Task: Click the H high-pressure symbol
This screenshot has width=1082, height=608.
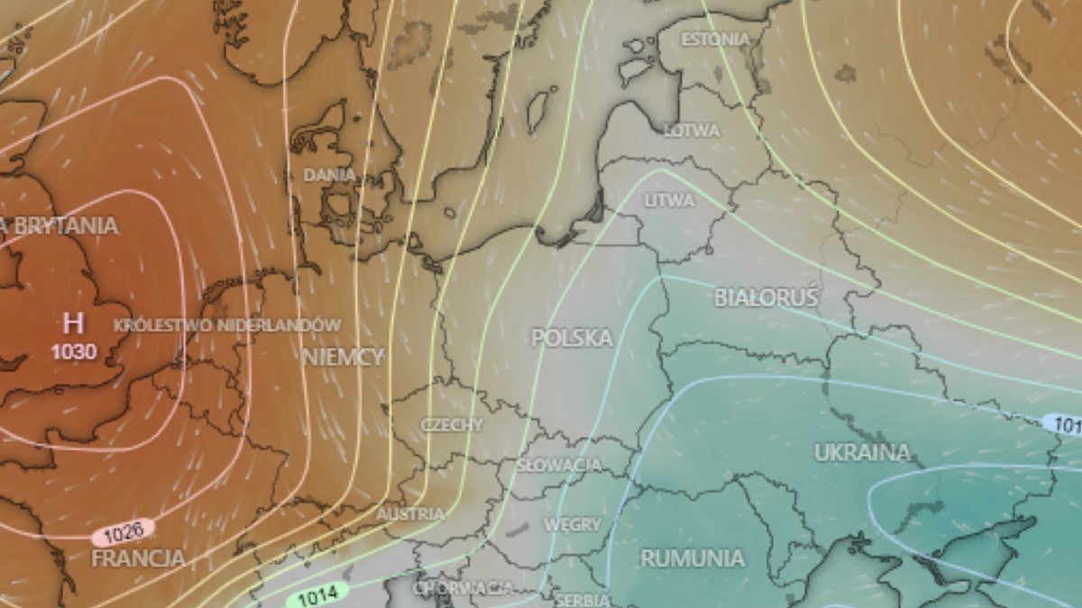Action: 73,322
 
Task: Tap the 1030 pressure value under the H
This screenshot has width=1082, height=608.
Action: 73,351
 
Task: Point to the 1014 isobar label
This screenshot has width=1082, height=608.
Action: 316,594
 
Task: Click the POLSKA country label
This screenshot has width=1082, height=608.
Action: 572,338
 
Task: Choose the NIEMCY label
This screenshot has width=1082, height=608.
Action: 343,356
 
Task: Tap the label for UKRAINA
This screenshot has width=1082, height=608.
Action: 862,452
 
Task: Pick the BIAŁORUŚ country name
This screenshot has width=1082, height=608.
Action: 766,297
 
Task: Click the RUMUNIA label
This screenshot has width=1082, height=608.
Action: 692,558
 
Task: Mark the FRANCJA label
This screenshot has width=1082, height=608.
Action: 138,558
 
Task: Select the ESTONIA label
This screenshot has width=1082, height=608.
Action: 715,40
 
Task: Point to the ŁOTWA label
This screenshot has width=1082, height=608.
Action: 692,131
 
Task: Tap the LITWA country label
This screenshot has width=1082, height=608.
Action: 670,200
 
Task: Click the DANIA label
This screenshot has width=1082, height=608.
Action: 329,175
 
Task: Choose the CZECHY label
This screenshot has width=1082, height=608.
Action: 452,424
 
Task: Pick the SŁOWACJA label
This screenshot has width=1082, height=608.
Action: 559,465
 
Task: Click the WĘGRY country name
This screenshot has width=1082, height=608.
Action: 573,523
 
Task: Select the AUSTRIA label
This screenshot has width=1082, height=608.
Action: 410,513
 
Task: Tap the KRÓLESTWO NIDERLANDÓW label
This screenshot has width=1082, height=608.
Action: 227,325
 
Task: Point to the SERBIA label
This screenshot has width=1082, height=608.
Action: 583,599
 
